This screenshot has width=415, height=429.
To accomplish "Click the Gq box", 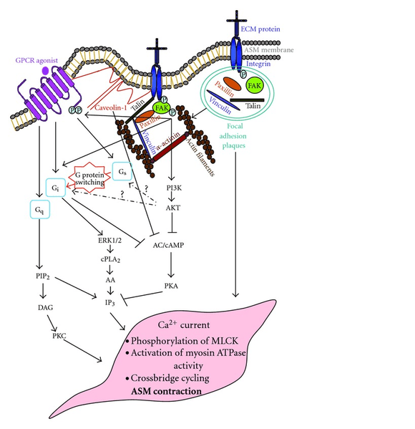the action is (40, 209).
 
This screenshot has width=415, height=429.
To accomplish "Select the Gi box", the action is (56, 188).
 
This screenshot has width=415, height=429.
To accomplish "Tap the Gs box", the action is (122, 172).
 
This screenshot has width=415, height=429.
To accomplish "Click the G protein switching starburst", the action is (89, 178).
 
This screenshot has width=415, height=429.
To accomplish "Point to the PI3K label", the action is (174, 188).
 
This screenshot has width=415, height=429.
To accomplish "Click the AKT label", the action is (173, 208).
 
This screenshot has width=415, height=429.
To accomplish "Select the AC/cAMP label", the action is (168, 245).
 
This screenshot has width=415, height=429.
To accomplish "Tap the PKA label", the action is (171, 286).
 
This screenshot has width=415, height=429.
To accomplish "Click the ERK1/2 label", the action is (110, 241).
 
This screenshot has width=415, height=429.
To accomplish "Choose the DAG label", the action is (45, 307).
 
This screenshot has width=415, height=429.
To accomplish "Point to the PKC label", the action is (59, 336).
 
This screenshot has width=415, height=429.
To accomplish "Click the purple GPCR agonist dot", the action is (45, 71).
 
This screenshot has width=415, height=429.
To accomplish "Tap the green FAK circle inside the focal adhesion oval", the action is (255, 86).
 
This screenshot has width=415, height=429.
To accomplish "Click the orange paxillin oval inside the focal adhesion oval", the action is (232, 84).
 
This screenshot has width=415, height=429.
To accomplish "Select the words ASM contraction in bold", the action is (166, 391).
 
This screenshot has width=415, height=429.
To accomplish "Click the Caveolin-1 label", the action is (111, 107).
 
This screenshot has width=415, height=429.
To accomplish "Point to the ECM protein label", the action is (260, 29).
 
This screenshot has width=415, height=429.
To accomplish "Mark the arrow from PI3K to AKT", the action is (172, 196).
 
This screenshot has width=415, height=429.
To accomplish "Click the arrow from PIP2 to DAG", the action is (43, 291).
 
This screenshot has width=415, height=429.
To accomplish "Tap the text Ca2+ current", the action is (184, 324).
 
